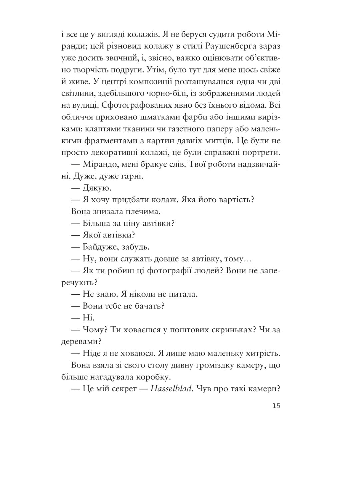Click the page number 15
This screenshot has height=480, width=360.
[x=276, y=406]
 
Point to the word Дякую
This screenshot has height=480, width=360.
[x=97, y=188]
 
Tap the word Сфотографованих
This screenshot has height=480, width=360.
[x=142, y=105]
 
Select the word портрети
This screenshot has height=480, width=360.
[x=259, y=153]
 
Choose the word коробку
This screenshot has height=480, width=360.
[x=156, y=377]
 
